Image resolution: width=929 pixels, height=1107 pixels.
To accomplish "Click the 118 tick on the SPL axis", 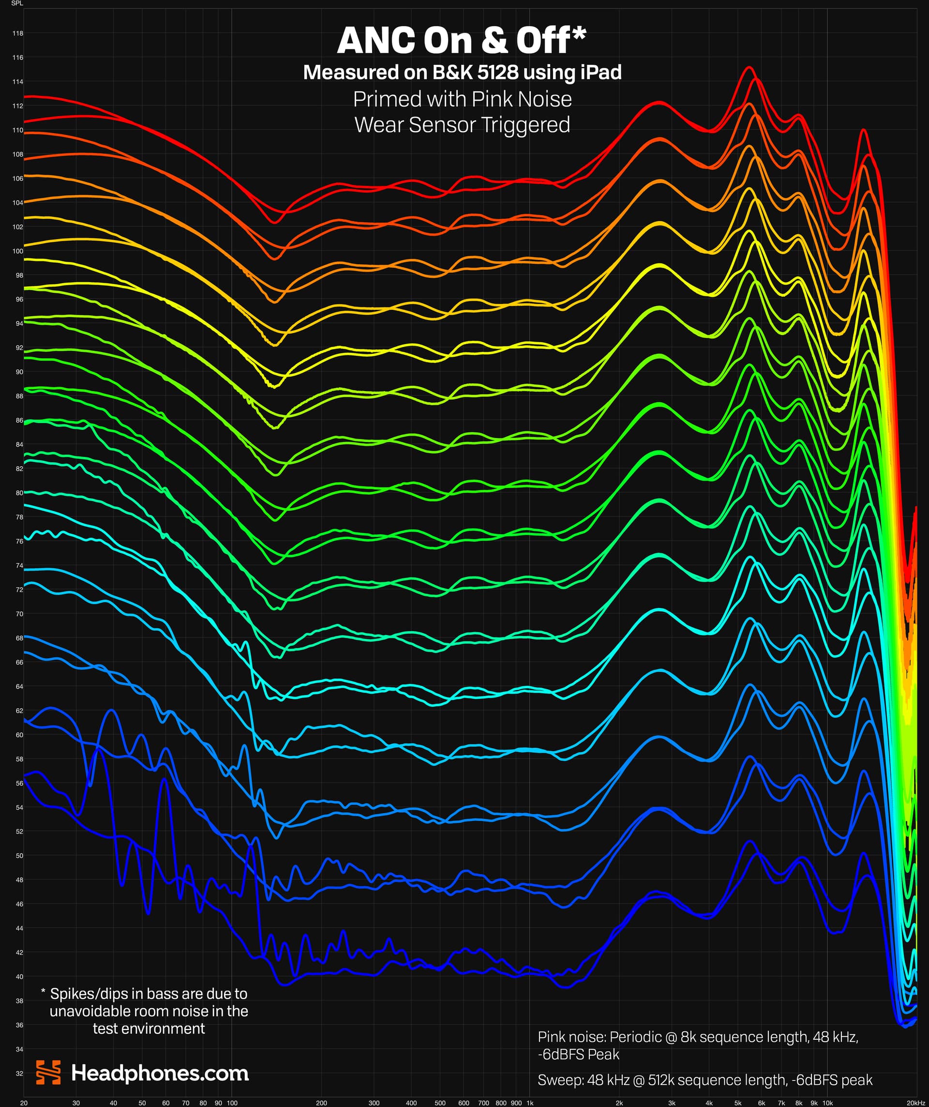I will (x=18, y=33).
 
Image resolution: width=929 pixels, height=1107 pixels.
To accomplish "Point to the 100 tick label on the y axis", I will (x=18, y=251).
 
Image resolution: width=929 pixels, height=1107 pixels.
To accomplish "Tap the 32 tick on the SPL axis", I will (x=19, y=1073).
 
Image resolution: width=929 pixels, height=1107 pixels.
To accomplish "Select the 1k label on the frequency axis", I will (x=530, y=1103).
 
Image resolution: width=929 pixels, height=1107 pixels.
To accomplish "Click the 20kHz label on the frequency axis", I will (x=915, y=1103).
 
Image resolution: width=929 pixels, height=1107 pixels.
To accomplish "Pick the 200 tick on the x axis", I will (x=321, y=1103).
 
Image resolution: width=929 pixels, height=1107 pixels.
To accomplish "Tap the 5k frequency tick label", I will (x=738, y=1103).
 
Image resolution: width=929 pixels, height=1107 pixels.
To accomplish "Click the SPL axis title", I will (x=17, y=3).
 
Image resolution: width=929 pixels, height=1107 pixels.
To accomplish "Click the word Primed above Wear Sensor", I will (x=387, y=99).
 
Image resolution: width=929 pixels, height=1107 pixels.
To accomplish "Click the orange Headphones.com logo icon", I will (x=48, y=1072).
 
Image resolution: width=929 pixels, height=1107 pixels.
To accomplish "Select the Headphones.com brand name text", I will (x=160, y=1073).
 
